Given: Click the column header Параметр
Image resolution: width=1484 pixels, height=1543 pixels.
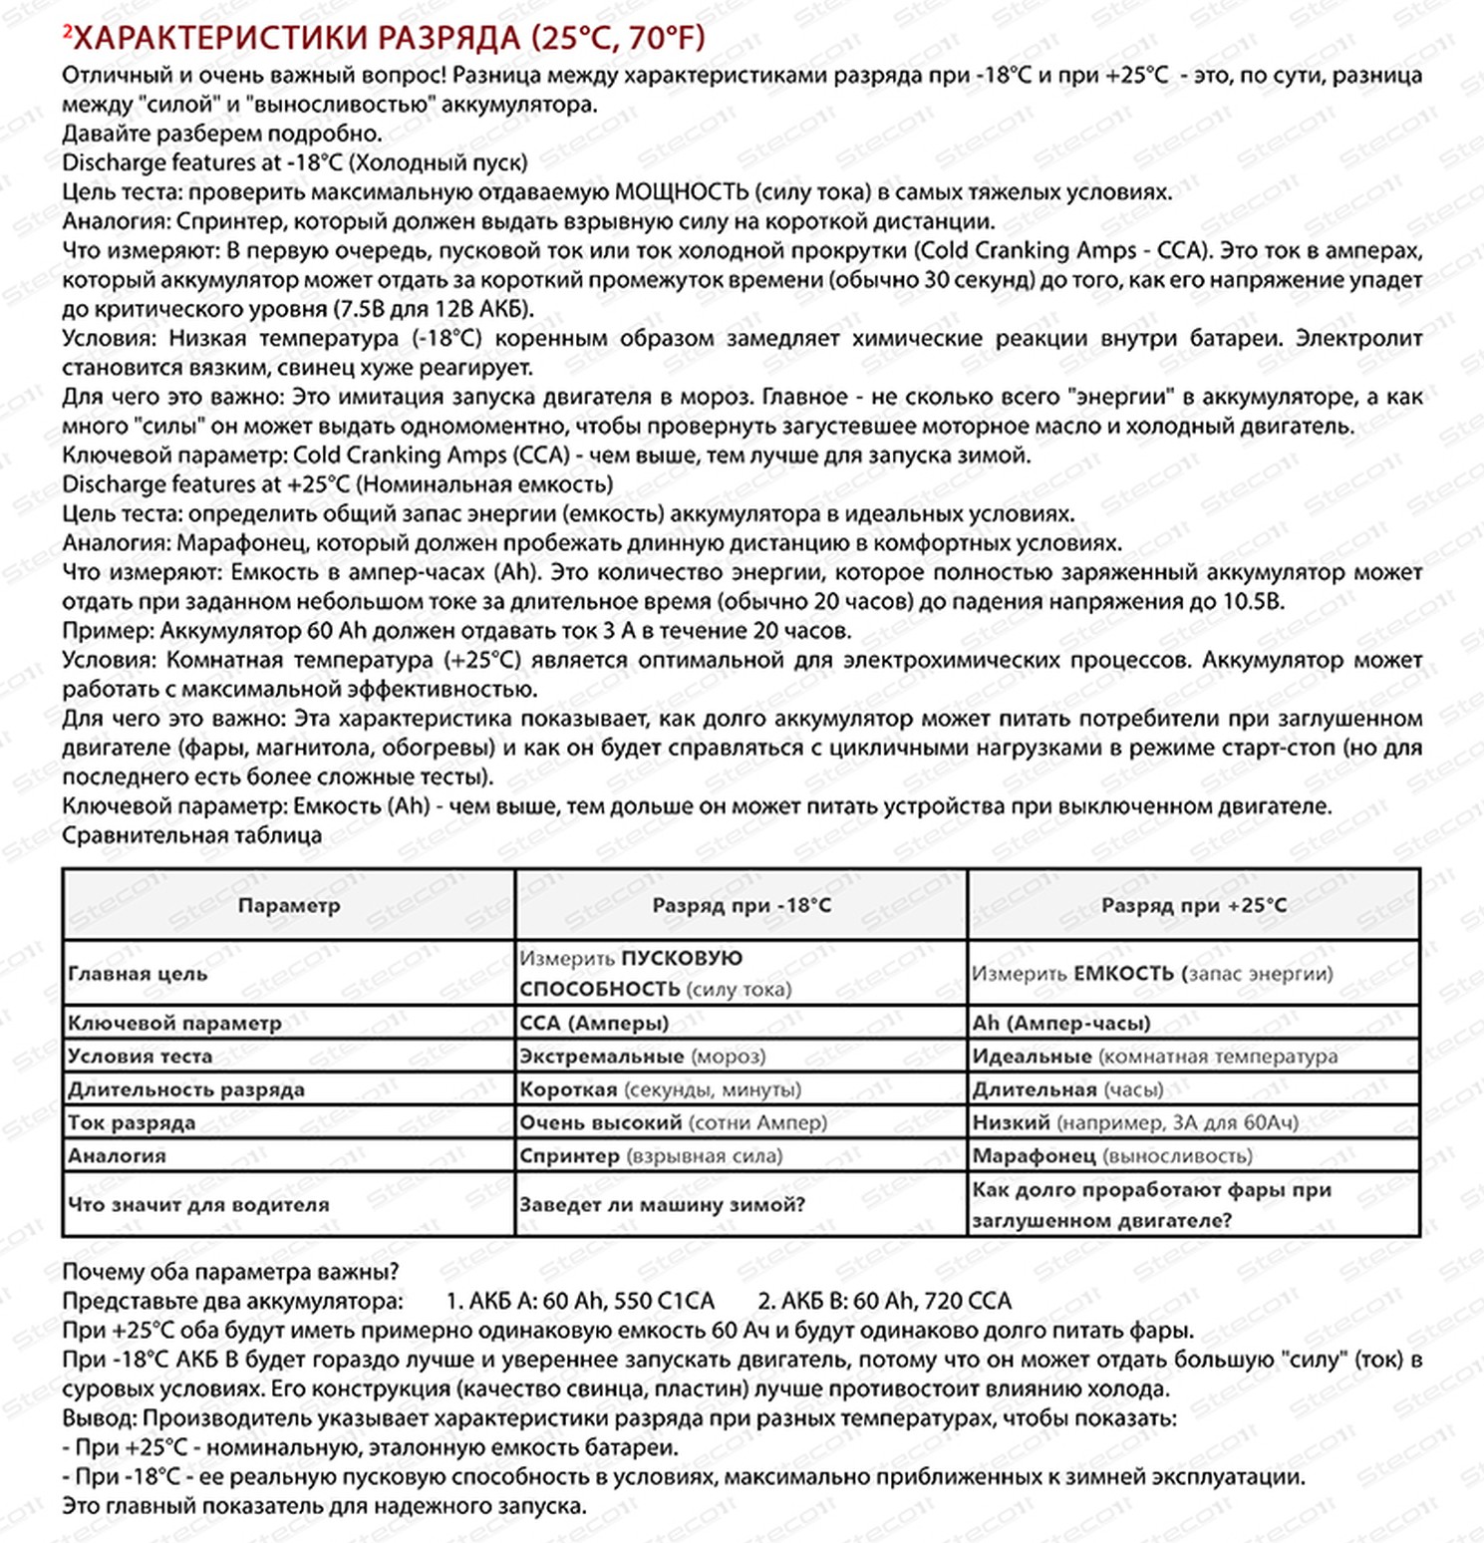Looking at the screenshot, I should coord(289,905).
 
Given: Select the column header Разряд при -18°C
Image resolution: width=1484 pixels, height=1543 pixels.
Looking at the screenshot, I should coord(742,905).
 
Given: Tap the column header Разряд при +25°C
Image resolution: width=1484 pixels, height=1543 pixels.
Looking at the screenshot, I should coord(1194,905).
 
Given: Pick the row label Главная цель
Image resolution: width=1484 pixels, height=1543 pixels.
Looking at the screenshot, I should coord(138,974).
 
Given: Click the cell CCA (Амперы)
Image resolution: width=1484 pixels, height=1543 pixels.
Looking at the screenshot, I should coord(594,1023).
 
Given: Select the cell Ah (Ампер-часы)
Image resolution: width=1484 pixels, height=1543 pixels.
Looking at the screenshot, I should coord(1061,1023).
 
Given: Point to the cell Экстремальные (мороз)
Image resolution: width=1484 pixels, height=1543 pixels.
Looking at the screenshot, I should coord(643,1056).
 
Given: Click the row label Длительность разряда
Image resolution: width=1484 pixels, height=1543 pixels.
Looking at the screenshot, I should coord(186,1089).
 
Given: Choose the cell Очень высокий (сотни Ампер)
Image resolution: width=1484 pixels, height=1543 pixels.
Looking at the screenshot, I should coord(674,1122).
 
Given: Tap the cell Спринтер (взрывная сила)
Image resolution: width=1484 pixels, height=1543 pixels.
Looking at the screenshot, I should coord(651,1155).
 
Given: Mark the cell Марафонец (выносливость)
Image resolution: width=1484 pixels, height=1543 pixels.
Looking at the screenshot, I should coord(1112,1155).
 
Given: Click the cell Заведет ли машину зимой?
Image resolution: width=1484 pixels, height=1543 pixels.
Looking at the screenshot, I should coord(662,1204).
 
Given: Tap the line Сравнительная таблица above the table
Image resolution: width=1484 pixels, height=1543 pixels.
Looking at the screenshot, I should coord(191,835).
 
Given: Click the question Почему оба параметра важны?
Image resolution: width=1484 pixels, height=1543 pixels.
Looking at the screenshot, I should coord(230,1272).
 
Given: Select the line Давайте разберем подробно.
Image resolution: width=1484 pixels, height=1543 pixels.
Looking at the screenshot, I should coord(222,134).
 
